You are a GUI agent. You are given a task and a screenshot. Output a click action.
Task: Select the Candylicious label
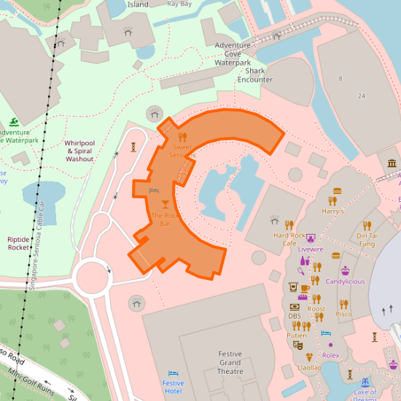tap(345, 281)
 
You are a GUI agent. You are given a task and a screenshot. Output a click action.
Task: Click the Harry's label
tap(332, 211)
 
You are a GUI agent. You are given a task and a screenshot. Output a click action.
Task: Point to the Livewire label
tap(311, 249)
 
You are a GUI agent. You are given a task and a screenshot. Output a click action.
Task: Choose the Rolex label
tap(331, 355)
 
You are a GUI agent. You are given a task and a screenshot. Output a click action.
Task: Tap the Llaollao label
tap(309, 367)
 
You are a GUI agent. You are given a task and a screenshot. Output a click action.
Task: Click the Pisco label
tap(343, 314)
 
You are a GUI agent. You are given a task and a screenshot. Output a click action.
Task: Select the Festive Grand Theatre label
tap(230, 362)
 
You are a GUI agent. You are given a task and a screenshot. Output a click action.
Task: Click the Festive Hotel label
tap(173, 386)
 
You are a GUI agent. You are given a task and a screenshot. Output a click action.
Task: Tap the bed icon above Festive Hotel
tap(173, 373)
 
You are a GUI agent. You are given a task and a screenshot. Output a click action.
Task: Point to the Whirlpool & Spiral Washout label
tap(79, 151)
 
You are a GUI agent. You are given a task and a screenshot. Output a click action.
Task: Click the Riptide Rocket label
tap(18, 243)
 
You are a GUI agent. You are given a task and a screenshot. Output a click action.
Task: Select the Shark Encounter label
tap(255, 75)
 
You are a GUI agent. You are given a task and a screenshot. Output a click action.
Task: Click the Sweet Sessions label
tap(182, 151)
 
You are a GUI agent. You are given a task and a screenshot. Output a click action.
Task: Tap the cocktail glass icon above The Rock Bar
tap(165, 203)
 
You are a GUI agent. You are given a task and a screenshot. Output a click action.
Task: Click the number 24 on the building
tap(361, 96)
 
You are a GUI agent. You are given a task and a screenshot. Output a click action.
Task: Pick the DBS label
tap(294, 316)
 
